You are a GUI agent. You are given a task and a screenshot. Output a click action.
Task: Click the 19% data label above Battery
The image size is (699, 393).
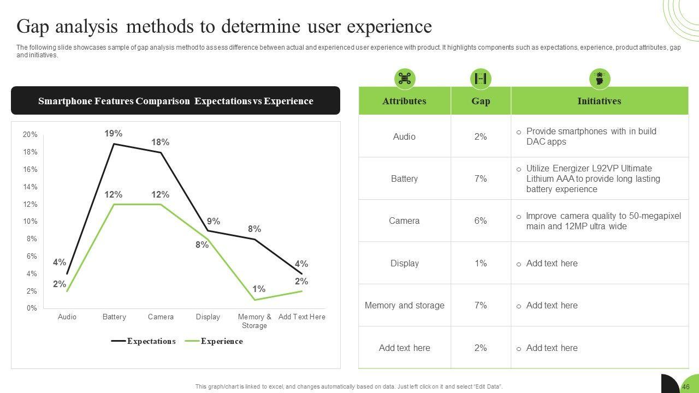114,133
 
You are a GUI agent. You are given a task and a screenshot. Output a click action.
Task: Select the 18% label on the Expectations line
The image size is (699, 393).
161,142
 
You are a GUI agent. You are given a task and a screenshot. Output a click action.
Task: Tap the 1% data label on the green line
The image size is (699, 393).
259,289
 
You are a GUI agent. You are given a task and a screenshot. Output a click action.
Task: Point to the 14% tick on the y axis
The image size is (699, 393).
30,187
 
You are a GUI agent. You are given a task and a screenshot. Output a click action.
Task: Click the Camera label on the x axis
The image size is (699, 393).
161,317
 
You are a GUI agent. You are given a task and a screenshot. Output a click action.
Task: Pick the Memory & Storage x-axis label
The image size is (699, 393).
254,321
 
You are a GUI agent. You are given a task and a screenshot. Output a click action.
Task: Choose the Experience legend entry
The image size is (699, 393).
221,341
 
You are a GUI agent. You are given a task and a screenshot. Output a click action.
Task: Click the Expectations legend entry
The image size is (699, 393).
151,341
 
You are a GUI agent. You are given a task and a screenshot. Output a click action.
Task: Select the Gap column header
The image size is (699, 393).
481,101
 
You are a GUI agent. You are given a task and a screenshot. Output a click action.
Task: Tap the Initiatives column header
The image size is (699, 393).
599,101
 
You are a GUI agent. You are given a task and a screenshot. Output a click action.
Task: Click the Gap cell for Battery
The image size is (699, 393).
481,178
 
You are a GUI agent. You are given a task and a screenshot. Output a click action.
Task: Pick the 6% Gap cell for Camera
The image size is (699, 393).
481,221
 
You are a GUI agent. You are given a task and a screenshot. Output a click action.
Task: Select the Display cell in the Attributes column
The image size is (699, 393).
405,263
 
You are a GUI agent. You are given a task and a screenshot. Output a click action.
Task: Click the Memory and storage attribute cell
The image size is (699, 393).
405,305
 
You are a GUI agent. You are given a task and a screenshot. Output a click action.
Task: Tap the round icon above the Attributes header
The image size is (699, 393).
405,79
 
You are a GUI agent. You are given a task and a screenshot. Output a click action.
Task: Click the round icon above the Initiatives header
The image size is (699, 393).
600,79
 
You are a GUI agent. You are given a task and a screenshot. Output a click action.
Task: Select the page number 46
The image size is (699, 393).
685,387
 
